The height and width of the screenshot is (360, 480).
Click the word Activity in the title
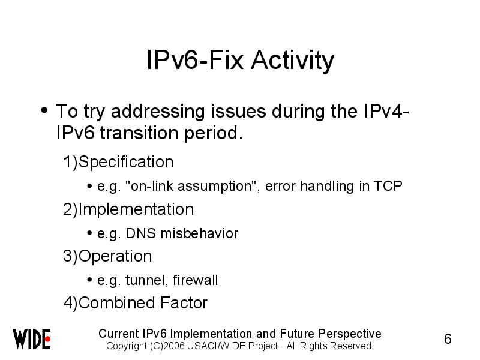292,61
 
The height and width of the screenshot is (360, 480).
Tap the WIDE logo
32,339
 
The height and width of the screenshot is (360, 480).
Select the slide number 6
448,339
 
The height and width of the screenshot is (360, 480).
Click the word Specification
126,161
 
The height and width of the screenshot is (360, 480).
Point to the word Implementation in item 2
136,209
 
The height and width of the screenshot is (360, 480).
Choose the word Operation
115,256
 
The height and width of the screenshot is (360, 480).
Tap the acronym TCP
388,186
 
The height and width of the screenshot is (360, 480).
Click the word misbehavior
199,233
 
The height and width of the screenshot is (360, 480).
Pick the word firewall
195,280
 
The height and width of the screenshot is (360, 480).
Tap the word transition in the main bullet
139,133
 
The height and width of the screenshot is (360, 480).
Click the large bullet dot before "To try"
44,110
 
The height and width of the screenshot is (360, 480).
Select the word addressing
158,112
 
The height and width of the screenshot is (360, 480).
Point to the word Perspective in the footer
350,334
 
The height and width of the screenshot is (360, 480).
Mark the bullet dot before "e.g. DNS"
89,233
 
